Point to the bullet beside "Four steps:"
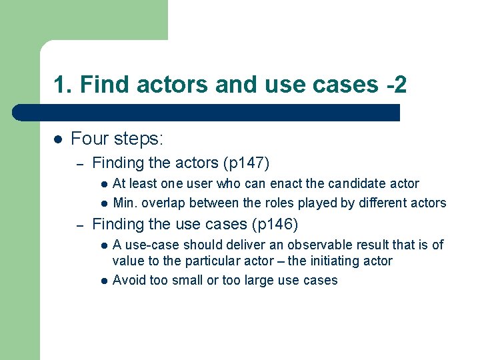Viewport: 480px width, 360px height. tap(58, 139)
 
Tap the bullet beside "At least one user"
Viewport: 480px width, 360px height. tap(104, 184)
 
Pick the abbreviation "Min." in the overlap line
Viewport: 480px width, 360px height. tap(125, 203)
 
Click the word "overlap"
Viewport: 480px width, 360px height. tap(164, 203)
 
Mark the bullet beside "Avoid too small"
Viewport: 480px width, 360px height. tap(104, 281)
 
